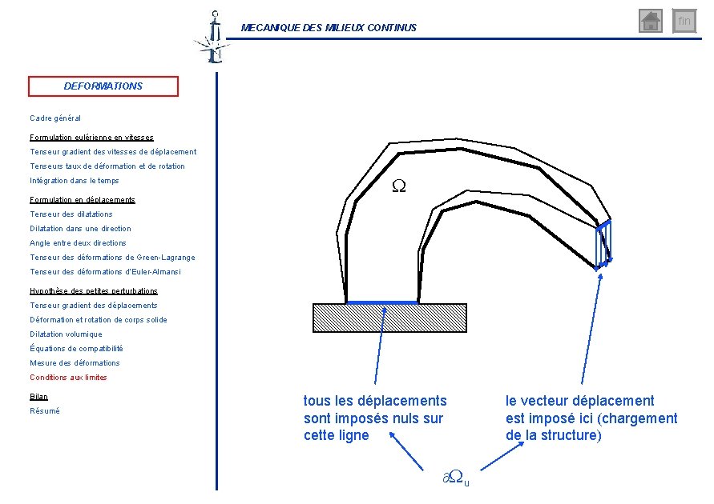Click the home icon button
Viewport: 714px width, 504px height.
click(650, 21)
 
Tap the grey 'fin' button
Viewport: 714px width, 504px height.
click(684, 21)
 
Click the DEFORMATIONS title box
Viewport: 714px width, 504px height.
click(103, 86)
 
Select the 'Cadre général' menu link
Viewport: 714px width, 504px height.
click(55, 118)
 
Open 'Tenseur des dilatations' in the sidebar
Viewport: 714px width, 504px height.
click(71, 214)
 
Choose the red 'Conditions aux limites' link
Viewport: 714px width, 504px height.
click(68, 378)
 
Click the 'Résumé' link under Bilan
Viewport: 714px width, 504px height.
click(45, 411)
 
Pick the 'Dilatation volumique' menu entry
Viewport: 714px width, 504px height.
click(66, 334)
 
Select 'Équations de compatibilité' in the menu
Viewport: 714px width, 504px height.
click(76, 348)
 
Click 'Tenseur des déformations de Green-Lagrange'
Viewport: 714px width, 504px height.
click(112, 258)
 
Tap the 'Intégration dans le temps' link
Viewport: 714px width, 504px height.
click(75, 181)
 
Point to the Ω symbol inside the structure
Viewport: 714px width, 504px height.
click(399, 186)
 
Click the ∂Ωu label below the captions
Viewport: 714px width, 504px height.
click(456, 478)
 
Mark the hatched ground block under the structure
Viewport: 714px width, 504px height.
click(389, 318)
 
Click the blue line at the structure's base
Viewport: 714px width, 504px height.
click(382, 302)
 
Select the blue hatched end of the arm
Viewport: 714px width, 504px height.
click(603, 245)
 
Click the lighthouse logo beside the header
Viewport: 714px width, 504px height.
click(213, 38)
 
